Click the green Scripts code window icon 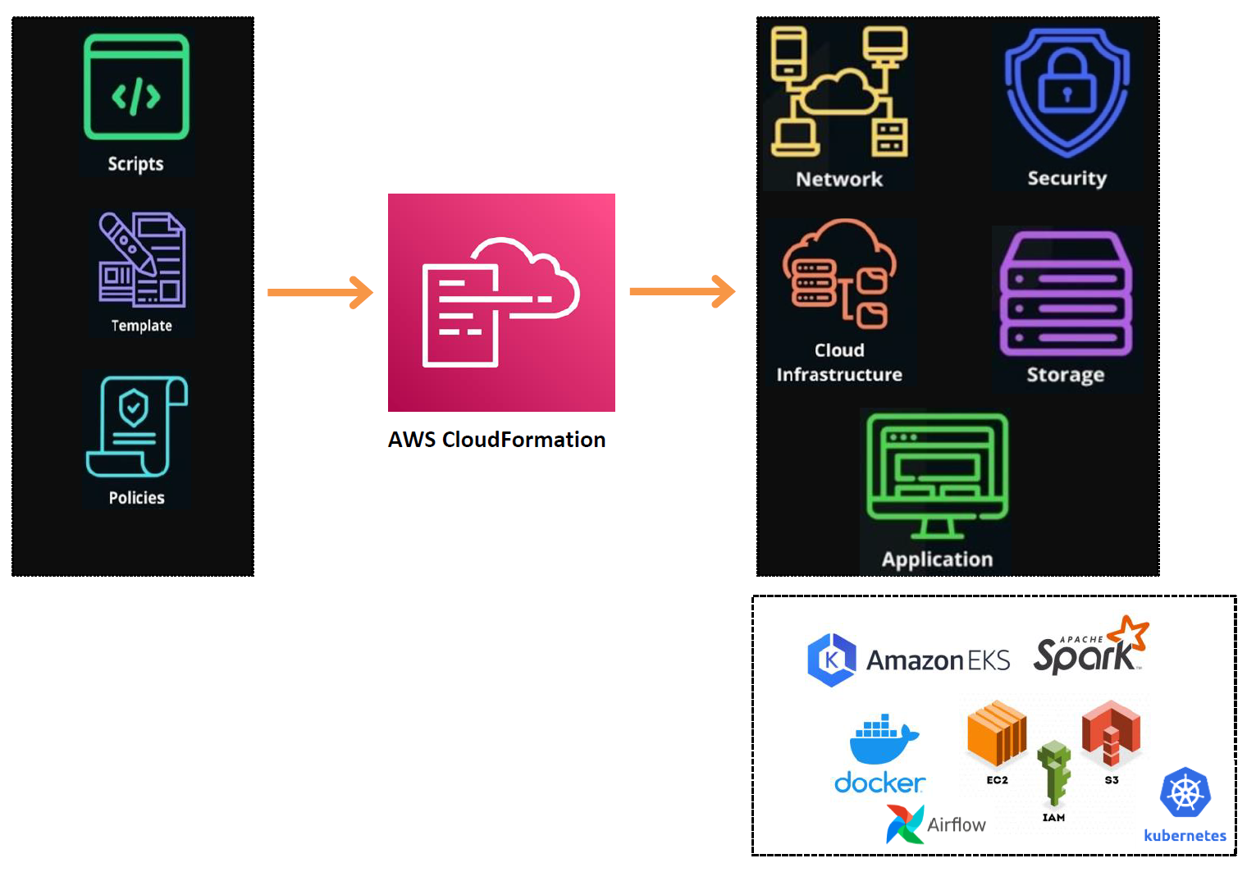click(136, 87)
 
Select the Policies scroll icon click(137, 427)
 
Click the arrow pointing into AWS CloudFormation click(320, 292)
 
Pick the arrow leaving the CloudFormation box click(682, 291)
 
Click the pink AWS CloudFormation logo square click(501, 302)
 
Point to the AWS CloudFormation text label click(496, 440)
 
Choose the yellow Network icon click(838, 92)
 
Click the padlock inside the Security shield click(1066, 84)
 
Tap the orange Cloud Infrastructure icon click(839, 274)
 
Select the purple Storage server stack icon click(1066, 294)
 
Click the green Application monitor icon click(937, 474)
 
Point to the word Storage click(1065, 375)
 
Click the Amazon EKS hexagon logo click(831, 660)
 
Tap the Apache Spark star click(1129, 634)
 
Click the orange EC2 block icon click(997, 733)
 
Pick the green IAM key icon click(1054, 772)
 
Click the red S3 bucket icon click(1111, 730)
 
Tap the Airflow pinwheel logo click(904, 824)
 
